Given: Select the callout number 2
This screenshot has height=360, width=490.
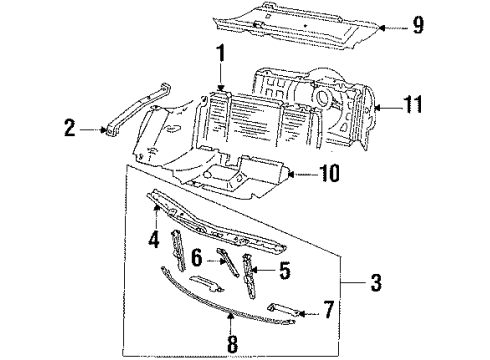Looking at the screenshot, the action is pyautogui.click(x=70, y=128).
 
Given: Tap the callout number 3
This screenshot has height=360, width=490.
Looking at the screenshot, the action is pyautogui.click(x=376, y=283).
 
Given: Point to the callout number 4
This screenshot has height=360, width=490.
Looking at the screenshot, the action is pyautogui.click(x=154, y=239).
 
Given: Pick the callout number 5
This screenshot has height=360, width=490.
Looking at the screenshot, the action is pyautogui.click(x=284, y=270).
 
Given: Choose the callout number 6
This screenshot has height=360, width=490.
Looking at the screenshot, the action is pyautogui.click(x=197, y=258).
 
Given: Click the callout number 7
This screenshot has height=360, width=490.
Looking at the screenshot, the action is pyautogui.click(x=328, y=310).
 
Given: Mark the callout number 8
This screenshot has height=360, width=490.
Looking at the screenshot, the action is pyautogui.click(x=232, y=344).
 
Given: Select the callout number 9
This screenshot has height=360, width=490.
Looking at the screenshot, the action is pyautogui.click(x=418, y=25).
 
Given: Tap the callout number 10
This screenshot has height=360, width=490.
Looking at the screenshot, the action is pyautogui.click(x=329, y=173).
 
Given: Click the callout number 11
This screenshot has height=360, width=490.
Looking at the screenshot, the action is pyautogui.click(x=413, y=104).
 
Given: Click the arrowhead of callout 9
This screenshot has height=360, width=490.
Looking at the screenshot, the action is pyautogui.click(x=382, y=28).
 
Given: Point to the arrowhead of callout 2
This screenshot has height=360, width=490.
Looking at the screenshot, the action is pyautogui.click(x=104, y=130).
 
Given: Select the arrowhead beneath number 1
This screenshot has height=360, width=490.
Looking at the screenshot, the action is pyautogui.click(x=220, y=88).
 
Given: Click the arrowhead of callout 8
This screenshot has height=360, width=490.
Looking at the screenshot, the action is pyautogui.click(x=230, y=316).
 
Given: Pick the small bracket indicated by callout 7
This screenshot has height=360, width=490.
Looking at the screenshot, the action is pyautogui.click(x=282, y=309).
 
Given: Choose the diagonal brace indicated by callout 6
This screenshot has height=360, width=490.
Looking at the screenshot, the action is pyautogui.click(x=228, y=262).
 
